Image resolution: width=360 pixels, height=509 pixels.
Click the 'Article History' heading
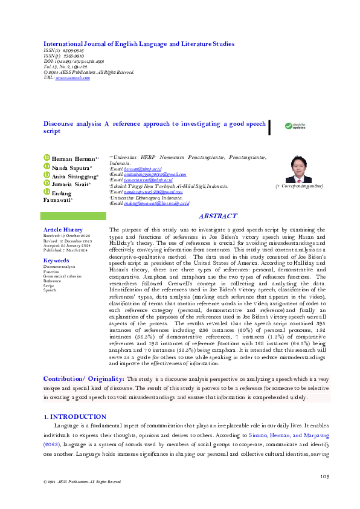(63, 230)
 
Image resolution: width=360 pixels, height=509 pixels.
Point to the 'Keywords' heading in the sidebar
(57, 260)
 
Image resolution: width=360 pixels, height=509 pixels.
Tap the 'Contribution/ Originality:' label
(83, 378)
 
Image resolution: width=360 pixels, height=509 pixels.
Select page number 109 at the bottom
(324, 477)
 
